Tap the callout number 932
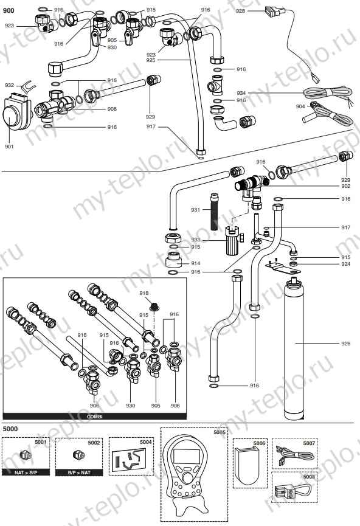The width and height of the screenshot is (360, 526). (x=9, y=85)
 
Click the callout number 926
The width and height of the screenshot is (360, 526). (x=346, y=344)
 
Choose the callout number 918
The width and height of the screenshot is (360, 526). (x=144, y=293)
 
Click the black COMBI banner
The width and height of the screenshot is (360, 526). (x=89, y=415)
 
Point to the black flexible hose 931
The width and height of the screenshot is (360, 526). (x=214, y=210)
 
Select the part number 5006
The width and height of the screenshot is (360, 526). (x=260, y=443)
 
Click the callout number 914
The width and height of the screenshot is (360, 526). (x=195, y=263)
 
